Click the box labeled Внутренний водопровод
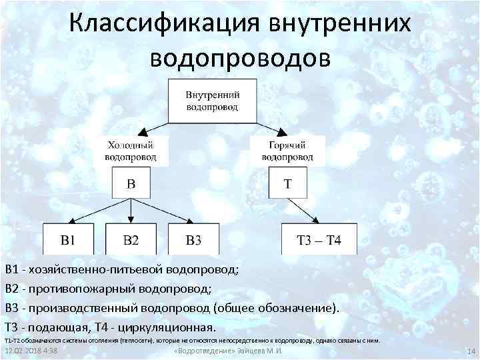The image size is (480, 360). tap(212, 100)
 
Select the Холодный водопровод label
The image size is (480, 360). tap(131, 151)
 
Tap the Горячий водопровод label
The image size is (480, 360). tap(287, 151)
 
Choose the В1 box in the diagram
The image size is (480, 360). tap(68, 239)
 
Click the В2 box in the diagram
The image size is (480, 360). tap(131, 239)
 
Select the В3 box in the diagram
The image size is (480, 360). tap(193, 239)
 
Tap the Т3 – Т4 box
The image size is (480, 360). tap(319, 239)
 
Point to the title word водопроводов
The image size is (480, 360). tap(240, 57)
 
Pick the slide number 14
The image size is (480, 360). tap(469, 351)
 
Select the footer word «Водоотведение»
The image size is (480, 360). tap(197, 351)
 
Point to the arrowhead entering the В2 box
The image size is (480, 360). tap(131, 219)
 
